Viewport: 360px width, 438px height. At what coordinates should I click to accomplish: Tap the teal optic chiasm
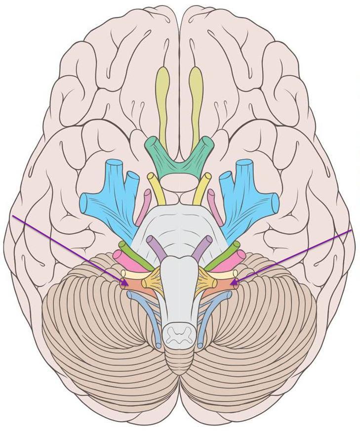click(x=179, y=157)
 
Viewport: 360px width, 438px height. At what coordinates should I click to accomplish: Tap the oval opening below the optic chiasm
click(x=179, y=183)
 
